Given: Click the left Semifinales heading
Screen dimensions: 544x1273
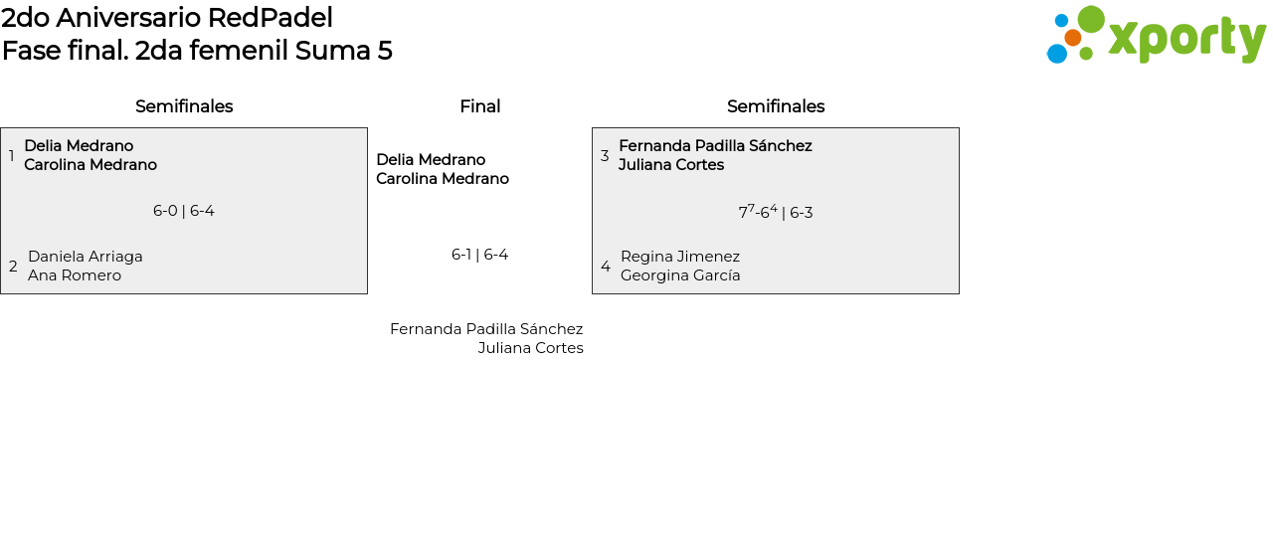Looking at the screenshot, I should (x=184, y=106).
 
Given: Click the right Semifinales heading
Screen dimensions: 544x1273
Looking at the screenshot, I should (x=776, y=106).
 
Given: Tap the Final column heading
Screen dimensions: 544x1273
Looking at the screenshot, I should (x=479, y=106).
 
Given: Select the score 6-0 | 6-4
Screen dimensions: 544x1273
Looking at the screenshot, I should (x=184, y=211).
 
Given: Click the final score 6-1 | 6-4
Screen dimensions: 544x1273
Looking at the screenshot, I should (x=479, y=255).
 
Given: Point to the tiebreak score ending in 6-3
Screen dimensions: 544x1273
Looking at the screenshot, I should (x=776, y=212).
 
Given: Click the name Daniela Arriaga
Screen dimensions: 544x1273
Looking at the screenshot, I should (x=86, y=257).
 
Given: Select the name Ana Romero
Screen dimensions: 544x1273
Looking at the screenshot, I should (x=75, y=275).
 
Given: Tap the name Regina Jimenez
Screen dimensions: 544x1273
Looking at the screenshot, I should (x=680, y=257).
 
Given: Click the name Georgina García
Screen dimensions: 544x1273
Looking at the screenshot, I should (x=680, y=275).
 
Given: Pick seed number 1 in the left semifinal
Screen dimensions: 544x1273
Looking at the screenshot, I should (x=12, y=156).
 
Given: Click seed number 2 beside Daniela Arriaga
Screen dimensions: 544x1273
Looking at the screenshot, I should (x=13, y=267).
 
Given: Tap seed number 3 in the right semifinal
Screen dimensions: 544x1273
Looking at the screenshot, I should (x=605, y=156).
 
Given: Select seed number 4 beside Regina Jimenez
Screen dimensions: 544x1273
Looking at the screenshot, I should (x=606, y=267).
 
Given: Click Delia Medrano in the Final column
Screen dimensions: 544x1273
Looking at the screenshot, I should (x=431, y=160).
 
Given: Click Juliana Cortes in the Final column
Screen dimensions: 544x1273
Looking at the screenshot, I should (x=530, y=348).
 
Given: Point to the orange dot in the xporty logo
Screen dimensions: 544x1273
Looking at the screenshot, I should (x=1072, y=38).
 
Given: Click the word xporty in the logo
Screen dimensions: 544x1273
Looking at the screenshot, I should (x=1186, y=39).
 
